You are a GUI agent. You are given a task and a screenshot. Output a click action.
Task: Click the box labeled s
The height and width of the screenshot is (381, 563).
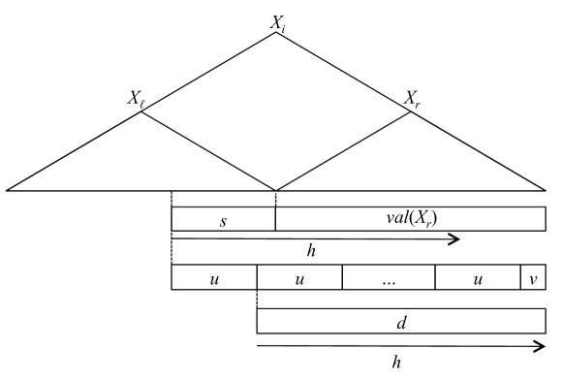(223, 219)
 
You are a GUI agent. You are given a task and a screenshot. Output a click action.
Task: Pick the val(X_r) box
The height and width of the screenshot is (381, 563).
(410, 219)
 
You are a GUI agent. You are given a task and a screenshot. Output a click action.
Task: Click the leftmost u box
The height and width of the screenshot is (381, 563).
(214, 277)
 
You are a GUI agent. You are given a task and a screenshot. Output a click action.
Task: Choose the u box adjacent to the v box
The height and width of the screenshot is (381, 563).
(478, 277)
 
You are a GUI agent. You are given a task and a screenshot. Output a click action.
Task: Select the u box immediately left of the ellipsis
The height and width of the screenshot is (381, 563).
(299, 277)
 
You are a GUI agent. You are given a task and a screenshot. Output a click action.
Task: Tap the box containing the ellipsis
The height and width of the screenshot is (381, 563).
(389, 277)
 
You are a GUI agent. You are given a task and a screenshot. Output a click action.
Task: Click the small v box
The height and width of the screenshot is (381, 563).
(533, 277)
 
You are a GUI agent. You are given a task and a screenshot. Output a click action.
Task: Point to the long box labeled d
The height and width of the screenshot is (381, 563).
(400, 321)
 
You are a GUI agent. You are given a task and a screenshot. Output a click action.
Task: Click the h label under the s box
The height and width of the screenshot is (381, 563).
(311, 251)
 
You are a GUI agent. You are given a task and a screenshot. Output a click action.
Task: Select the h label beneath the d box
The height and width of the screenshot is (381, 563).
(396, 361)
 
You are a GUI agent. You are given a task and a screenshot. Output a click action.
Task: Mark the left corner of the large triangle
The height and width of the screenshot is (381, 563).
(8, 190)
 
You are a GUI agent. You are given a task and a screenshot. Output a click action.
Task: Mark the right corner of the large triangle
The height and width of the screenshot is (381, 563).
(547, 190)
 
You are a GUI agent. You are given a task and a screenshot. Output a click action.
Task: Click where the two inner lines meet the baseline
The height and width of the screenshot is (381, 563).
(276, 190)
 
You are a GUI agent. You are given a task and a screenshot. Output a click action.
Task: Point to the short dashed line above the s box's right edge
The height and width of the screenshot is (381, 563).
(276, 199)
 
